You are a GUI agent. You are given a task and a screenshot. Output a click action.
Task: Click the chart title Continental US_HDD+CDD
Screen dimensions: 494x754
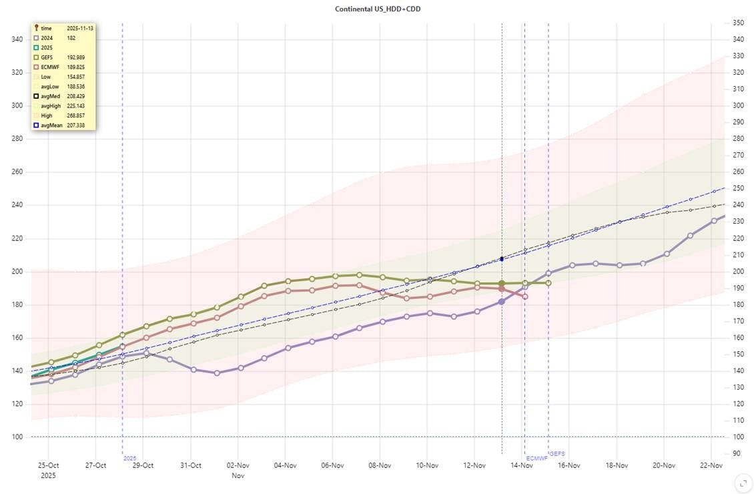[378, 9]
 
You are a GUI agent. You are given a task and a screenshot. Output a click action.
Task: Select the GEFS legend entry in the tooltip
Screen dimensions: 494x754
[47, 58]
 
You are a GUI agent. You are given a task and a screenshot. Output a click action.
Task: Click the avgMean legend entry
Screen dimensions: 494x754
[51, 126]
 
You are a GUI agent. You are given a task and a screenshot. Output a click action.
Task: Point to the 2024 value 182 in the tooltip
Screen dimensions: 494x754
[71, 38]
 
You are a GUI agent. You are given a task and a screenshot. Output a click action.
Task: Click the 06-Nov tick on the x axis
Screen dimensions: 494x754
[332, 465]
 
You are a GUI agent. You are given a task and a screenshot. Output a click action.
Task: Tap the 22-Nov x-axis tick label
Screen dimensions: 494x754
[711, 465]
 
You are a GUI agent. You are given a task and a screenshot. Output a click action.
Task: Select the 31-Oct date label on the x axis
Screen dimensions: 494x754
[191, 465]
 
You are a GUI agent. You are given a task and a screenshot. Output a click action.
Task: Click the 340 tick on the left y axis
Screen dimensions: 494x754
[17, 39]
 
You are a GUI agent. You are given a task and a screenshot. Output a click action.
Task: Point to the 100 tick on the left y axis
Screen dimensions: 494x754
[17, 437]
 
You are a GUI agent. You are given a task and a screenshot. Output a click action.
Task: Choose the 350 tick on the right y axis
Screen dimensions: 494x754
[738, 23]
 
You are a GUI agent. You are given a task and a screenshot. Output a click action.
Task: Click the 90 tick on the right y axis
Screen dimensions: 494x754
[736, 454]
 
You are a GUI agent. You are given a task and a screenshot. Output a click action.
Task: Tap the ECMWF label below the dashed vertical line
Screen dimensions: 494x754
[536, 459]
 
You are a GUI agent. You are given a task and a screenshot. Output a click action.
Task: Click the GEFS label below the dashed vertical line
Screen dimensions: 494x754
[557, 454]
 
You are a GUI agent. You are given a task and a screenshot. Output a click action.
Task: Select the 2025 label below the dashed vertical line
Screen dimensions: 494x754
[129, 459]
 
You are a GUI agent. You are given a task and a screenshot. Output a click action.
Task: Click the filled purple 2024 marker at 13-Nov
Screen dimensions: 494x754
[502, 302]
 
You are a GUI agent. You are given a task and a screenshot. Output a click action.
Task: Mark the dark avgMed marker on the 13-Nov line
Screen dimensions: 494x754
[502, 259]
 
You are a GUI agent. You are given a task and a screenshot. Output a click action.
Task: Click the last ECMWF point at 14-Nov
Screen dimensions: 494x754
[525, 296]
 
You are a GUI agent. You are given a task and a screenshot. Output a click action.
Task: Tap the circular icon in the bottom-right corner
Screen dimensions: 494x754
[742, 483]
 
